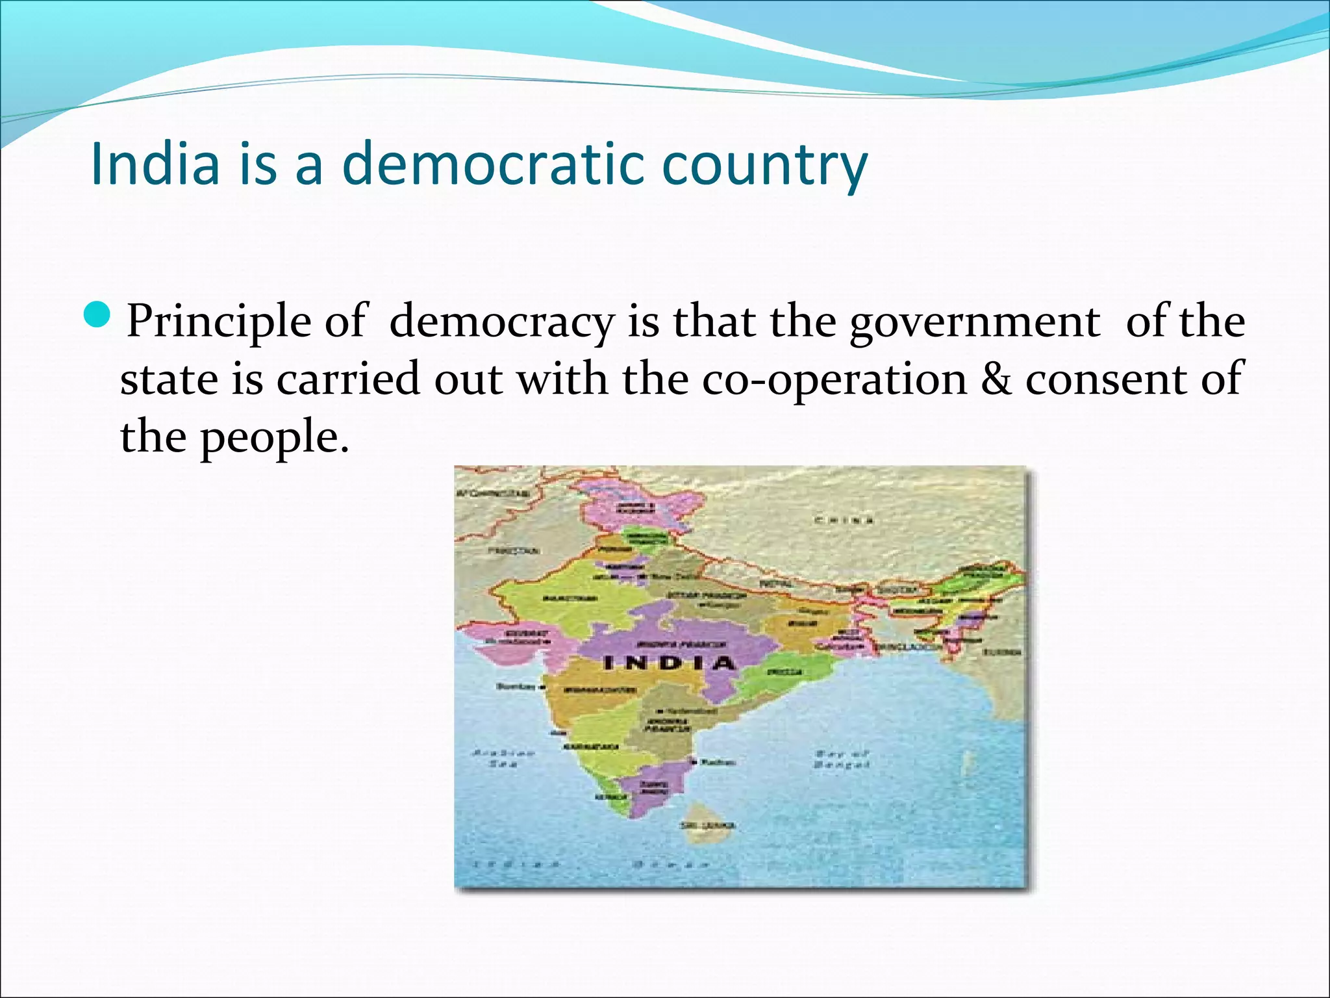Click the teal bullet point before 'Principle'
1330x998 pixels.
point(99,315)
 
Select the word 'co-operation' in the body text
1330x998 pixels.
point(834,380)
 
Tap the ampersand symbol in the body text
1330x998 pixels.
point(997,379)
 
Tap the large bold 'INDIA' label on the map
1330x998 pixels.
point(669,663)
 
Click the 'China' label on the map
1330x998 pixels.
point(844,520)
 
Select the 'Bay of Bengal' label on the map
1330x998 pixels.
point(841,760)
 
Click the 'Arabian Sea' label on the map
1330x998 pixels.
point(503,758)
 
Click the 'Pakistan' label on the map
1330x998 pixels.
point(513,551)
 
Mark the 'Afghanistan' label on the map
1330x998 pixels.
point(492,494)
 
